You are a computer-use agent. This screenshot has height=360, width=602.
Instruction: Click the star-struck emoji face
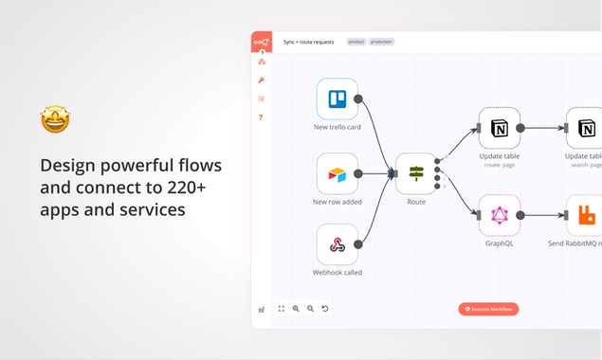pos(55,120)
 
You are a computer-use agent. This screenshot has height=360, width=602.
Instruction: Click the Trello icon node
pos(337,99)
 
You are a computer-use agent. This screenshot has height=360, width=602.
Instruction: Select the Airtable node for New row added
pos(337,174)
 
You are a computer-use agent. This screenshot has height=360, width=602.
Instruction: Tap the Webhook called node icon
pos(337,244)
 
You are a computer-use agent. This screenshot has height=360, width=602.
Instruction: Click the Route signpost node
pos(415,173)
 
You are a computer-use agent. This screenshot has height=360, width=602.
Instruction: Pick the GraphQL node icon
pos(499,216)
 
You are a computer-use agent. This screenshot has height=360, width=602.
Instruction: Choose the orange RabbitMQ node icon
pos(586,216)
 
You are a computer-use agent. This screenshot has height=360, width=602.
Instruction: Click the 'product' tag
pos(356,42)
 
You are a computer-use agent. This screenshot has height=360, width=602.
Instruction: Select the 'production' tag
pos(382,42)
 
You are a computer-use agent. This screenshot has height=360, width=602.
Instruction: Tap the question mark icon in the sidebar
pos(261,117)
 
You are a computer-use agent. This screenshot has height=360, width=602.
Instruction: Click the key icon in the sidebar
pos(261,81)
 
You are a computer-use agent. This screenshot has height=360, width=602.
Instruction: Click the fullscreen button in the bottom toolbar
pos(282,309)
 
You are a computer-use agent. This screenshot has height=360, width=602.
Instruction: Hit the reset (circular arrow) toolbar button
pos(325,309)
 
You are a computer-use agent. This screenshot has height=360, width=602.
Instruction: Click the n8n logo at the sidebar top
pos(261,42)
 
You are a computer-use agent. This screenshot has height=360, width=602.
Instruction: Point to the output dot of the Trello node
pos(357,99)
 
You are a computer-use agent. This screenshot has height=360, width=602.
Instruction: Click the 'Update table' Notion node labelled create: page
pos(499,128)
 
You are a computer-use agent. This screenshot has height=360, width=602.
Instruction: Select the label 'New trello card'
pos(337,127)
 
